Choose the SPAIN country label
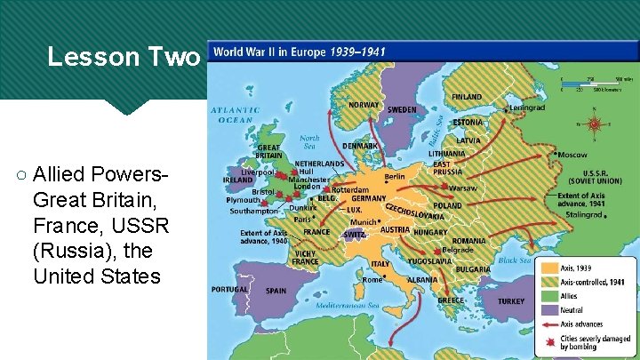(x=276, y=291)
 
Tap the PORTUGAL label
(x=229, y=289)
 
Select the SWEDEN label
(x=402, y=110)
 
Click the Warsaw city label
(x=462, y=188)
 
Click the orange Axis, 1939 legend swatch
(x=547, y=266)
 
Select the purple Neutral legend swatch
(x=547, y=309)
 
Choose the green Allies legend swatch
(x=547, y=295)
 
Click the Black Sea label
(x=514, y=260)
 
